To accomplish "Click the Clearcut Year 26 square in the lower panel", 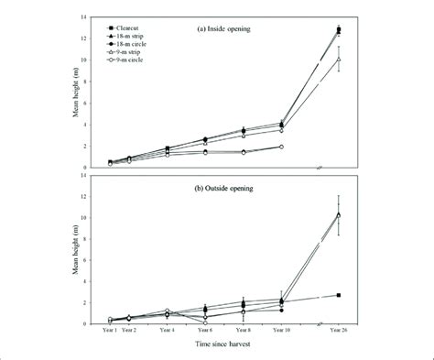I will [339, 295].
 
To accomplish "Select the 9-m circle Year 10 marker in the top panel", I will [281, 147].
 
